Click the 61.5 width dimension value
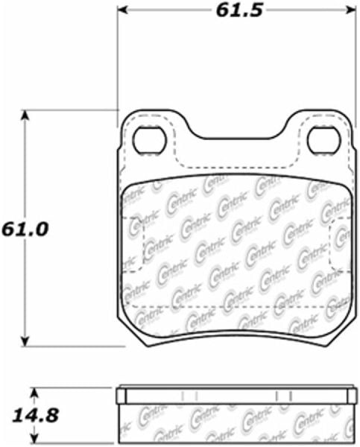(x=235, y=11)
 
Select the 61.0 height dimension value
(x=25, y=229)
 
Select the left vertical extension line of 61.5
(x=119, y=60)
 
